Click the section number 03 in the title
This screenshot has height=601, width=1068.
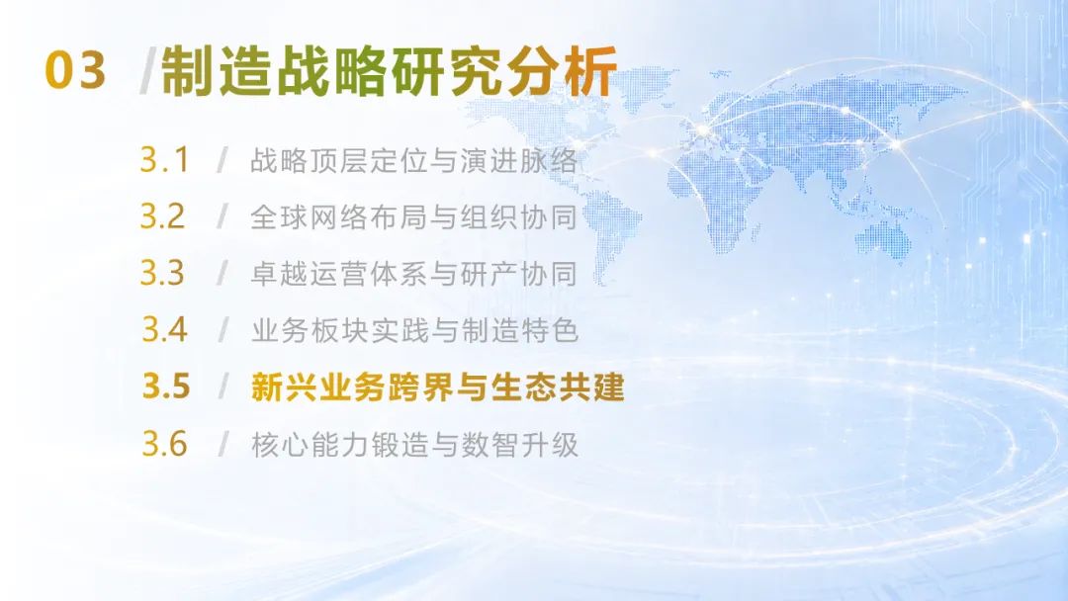point(75,70)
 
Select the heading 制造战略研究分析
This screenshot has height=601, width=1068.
point(390,71)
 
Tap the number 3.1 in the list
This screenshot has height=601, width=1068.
point(164,160)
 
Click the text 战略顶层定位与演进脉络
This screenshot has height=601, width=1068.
point(414,161)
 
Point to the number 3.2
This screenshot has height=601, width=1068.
point(163,216)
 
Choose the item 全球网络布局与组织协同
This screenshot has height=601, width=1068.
point(414,217)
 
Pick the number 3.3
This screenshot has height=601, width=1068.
point(163,273)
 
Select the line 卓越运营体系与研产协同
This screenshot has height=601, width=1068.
point(414,274)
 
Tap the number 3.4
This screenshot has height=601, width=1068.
point(164,329)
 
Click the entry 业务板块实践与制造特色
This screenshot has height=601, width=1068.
point(414,331)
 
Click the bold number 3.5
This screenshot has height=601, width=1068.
point(166,386)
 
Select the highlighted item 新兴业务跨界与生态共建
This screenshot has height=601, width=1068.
point(437,387)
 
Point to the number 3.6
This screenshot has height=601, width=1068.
point(164,444)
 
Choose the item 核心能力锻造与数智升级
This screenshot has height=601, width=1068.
point(414,445)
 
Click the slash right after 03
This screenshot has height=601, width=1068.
point(146,71)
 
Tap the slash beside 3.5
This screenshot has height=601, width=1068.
point(222,386)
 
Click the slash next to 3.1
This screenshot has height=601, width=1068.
point(222,161)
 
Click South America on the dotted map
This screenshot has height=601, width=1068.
point(609,224)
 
